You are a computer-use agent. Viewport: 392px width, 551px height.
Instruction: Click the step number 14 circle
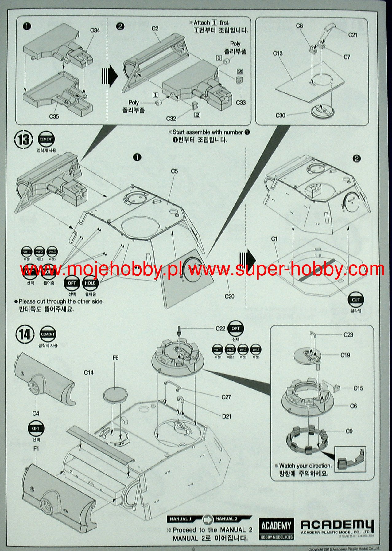pyautogui.click(x=25, y=335)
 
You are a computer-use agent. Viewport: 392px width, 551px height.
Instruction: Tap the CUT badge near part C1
pyautogui.click(x=355, y=300)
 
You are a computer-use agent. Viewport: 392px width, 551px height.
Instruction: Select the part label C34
pyautogui.click(x=95, y=30)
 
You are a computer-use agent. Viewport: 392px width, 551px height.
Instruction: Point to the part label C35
pyautogui.click(x=54, y=116)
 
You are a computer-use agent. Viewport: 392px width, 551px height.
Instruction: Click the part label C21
pyautogui.click(x=353, y=35)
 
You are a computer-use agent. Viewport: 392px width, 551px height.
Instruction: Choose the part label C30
pyautogui.click(x=280, y=115)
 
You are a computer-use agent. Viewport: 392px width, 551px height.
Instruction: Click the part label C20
pyautogui.click(x=229, y=296)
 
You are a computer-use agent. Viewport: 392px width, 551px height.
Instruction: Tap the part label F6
pyautogui.click(x=115, y=358)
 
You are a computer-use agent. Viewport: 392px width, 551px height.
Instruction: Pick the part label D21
pyautogui.click(x=226, y=416)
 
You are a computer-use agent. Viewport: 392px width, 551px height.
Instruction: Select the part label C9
pyautogui.click(x=349, y=431)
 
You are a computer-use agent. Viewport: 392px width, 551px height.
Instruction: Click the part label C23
pyautogui.click(x=348, y=335)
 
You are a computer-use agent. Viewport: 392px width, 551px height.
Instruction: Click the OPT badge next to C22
pyautogui.click(x=236, y=329)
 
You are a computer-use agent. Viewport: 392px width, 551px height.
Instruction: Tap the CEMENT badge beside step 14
pyautogui.click(x=48, y=334)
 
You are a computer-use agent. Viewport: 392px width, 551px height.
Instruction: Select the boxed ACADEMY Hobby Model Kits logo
pyautogui.click(x=276, y=529)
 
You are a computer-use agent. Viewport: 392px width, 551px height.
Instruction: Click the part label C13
pyautogui.click(x=278, y=53)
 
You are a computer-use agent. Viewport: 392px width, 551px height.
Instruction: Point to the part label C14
pyautogui.click(x=89, y=372)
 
